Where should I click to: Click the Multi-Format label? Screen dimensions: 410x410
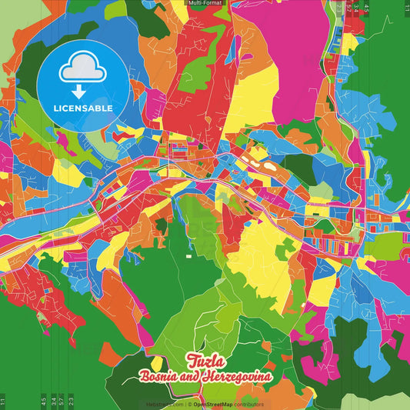click(x=205, y=3)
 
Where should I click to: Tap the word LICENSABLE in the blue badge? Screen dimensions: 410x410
click(x=83, y=108)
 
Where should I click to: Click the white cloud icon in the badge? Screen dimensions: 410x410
click(x=82, y=69)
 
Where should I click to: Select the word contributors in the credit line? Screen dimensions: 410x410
click(x=248, y=403)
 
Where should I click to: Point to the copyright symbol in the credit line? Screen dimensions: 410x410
click(x=189, y=403)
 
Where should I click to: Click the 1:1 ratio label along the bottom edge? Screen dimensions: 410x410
click(x=3, y=401)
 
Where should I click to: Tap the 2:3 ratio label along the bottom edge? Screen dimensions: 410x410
click(x=72, y=401)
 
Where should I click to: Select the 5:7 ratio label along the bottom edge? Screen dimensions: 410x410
click(x=61, y=401)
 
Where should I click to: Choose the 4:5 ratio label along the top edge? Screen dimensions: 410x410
click(x=368, y=9)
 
